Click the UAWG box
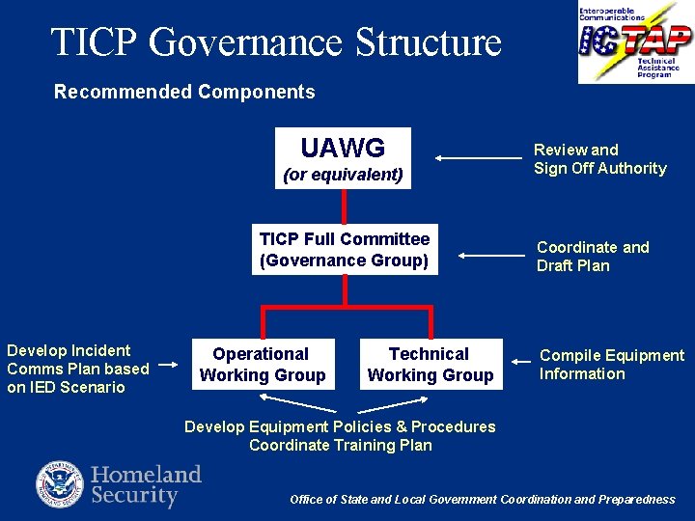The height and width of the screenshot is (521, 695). pyautogui.click(x=343, y=158)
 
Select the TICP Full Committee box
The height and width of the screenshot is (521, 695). pyautogui.click(x=345, y=250)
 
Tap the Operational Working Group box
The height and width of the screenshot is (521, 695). pyautogui.click(x=262, y=365)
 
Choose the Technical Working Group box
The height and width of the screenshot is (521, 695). pyautogui.click(x=430, y=365)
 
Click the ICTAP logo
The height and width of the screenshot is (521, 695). pyautogui.click(x=635, y=41)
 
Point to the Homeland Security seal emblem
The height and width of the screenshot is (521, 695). pyautogui.click(x=60, y=484)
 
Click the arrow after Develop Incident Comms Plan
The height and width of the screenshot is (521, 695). pyautogui.click(x=169, y=366)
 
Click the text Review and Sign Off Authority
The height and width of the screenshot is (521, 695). pyautogui.click(x=599, y=159)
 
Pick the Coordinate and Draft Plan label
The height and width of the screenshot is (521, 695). pyautogui.click(x=592, y=257)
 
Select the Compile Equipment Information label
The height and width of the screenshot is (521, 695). pyautogui.click(x=611, y=365)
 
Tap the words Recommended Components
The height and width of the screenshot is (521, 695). pyautogui.click(x=184, y=92)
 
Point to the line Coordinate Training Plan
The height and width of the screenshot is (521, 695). pyautogui.click(x=339, y=445)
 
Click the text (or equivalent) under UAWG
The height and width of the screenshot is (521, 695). pyautogui.click(x=343, y=175)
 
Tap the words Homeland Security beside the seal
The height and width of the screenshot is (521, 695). pyautogui.click(x=146, y=485)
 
